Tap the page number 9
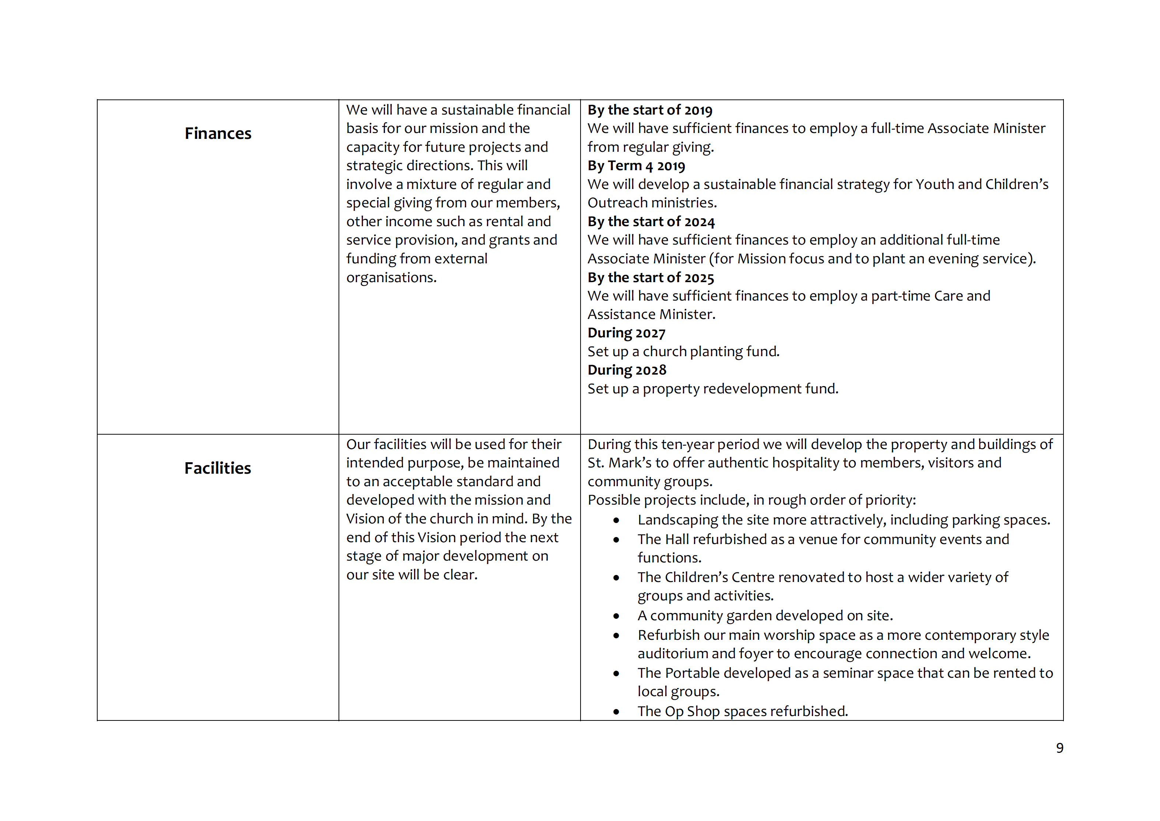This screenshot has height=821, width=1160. [1059, 748]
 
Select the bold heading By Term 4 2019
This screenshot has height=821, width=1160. [636, 166]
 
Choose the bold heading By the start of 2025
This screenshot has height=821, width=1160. [651, 278]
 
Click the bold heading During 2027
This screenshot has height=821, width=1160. [627, 333]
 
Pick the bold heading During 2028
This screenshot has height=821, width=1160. [627, 370]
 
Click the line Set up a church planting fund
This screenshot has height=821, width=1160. [683, 351]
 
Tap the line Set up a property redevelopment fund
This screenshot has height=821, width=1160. [712, 389]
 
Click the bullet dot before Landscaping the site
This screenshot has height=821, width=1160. [616, 520]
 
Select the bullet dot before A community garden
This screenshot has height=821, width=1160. [616, 616]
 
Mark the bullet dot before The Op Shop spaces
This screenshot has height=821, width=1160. [616, 712]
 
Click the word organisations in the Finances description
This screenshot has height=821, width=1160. [391, 278]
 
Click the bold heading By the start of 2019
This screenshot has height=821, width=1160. [650, 110]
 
